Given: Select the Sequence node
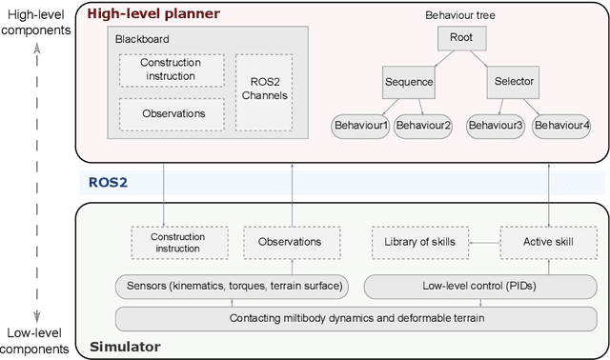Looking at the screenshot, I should pyautogui.click(x=409, y=82).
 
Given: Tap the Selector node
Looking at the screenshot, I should pyautogui.click(x=515, y=82).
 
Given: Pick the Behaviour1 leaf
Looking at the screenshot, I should pyautogui.click(x=359, y=126).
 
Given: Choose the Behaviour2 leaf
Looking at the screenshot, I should pyautogui.click(x=423, y=126).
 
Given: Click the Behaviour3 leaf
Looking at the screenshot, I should pyautogui.click(x=496, y=126).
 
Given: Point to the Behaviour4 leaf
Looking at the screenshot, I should pyautogui.click(x=560, y=126).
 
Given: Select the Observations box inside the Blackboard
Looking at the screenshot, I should pyautogui.click(x=173, y=113).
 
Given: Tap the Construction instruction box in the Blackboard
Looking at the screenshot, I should pyautogui.click(x=173, y=69).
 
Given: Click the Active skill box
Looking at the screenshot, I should pyautogui.click(x=549, y=242).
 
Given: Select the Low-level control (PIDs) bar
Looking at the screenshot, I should pyautogui.click(x=476, y=285).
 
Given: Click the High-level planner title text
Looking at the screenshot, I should pyautogui.click(x=152, y=14).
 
